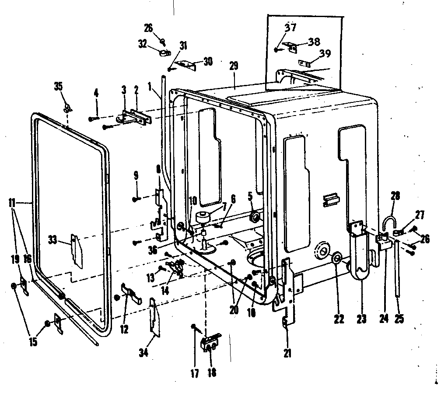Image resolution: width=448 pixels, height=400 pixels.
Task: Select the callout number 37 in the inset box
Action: pyautogui.click(x=291, y=28)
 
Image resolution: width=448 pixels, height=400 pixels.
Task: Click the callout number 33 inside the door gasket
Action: pyautogui.click(x=52, y=239)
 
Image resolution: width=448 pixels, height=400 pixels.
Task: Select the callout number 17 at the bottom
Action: pyautogui.click(x=195, y=373)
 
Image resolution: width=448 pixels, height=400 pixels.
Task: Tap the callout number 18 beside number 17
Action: pyautogui.click(x=212, y=373)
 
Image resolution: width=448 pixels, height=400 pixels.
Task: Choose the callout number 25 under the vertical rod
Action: pyautogui.click(x=399, y=319)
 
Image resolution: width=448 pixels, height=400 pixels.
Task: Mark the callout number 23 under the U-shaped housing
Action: pyautogui.click(x=361, y=319)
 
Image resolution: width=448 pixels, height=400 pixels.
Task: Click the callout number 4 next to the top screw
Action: pyautogui.click(x=96, y=92)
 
